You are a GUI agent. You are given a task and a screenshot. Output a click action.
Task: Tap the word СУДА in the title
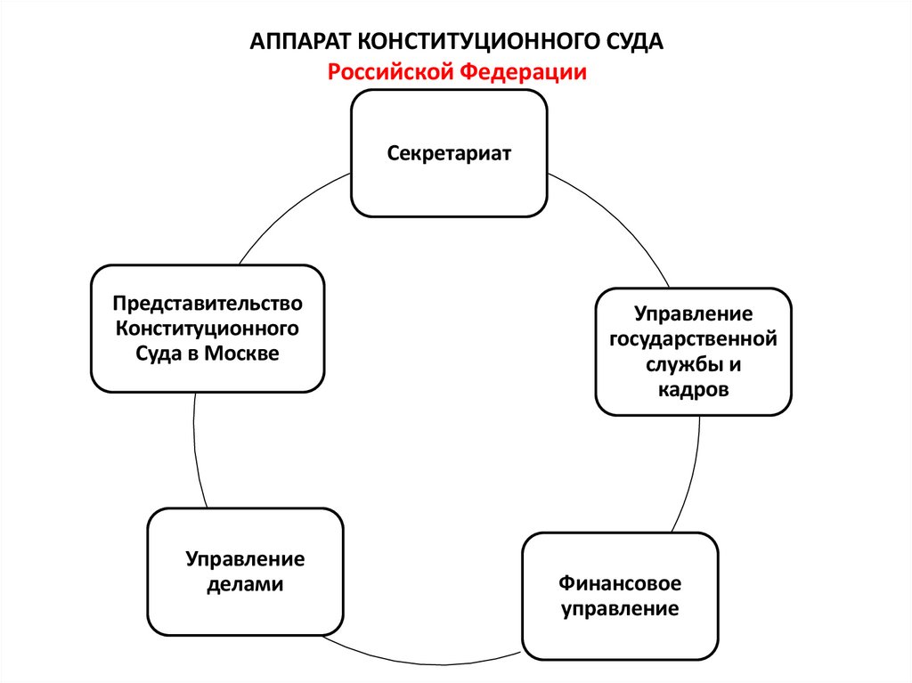[x=633, y=43]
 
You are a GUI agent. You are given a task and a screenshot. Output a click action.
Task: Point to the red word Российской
[x=388, y=72]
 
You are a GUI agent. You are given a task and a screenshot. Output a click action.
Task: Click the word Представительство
[x=208, y=305]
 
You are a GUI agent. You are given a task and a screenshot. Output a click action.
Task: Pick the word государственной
[x=693, y=339]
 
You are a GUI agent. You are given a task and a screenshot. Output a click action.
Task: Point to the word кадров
[x=694, y=389]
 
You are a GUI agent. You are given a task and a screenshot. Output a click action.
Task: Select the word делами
[x=245, y=585]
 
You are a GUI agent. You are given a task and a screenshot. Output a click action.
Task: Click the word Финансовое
[x=620, y=584]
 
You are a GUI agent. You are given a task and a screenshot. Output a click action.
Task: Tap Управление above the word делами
[x=245, y=559]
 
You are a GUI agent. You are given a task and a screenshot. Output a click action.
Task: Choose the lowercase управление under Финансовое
[x=620, y=610]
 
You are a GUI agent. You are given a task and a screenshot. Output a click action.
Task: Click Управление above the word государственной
[x=693, y=314]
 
